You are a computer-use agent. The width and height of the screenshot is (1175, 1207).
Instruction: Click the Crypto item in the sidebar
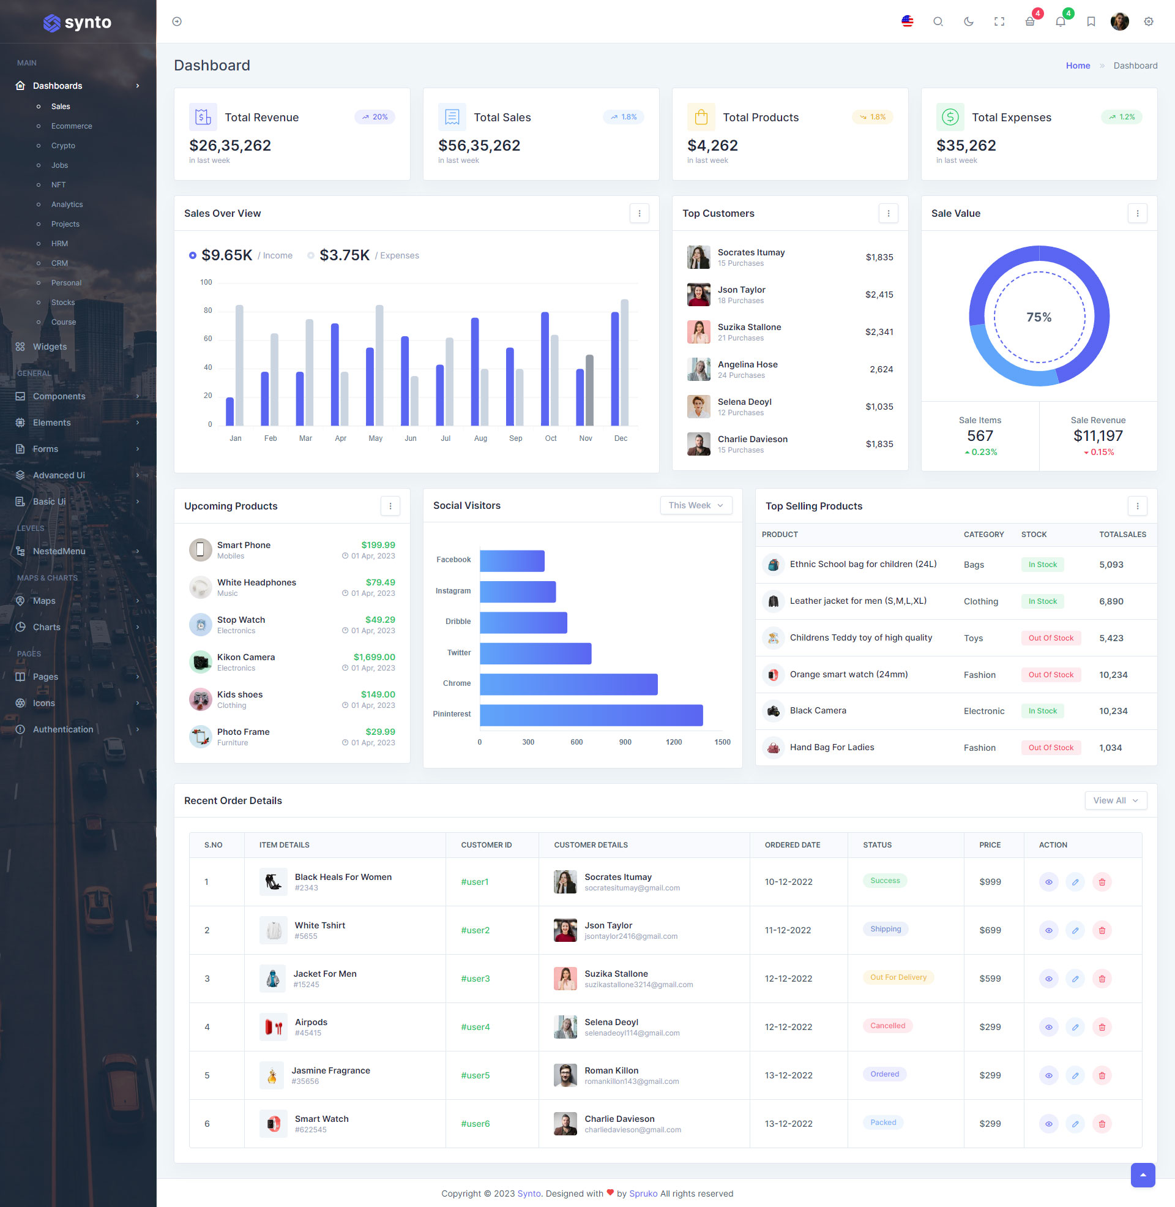click(x=63, y=146)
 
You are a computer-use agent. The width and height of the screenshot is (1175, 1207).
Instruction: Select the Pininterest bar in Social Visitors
click(x=591, y=715)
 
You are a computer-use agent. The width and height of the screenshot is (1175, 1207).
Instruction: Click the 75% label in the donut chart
click(x=1039, y=317)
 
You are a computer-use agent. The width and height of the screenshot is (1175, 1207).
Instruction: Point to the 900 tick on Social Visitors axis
click(x=625, y=742)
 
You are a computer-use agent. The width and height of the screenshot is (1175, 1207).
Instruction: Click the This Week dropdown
click(x=695, y=505)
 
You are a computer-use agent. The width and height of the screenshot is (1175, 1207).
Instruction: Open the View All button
click(x=1115, y=800)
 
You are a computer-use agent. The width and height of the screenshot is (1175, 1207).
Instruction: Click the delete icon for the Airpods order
click(x=1102, y=1027)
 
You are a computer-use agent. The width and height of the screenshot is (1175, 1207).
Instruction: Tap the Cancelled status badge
click(x=887, y=1026)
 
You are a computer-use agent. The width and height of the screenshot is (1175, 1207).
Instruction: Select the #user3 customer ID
click(x=475, y=979)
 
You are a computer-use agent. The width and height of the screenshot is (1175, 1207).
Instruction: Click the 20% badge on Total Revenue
click(x=375, y=117)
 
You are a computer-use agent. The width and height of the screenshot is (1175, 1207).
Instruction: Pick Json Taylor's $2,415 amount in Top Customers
click(x=879, y=295)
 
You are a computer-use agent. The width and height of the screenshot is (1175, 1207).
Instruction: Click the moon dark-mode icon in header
click(x=968, y=21)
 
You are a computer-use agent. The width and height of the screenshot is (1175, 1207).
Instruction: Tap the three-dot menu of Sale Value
click(x=1136, y=213)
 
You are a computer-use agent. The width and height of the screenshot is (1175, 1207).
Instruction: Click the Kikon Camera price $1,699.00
click(x=374, y=657)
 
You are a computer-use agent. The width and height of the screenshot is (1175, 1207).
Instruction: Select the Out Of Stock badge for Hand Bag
click(x=1050, y=748)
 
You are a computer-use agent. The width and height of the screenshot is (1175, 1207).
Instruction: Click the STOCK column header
click(x=1034, y=534)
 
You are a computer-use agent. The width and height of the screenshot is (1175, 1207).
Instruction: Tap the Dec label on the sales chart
click(x=620, y=438)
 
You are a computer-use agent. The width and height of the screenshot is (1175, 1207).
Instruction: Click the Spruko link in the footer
click(x=643, y=1194)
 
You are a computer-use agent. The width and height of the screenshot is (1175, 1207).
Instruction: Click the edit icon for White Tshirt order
click(x=1075, y=930)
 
